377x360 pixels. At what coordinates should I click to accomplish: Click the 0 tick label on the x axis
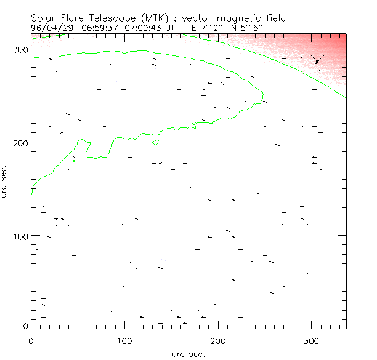coord(31,340)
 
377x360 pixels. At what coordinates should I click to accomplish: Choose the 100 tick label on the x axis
coord(124,340)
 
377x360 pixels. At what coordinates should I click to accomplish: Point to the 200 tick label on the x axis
coord(218,340)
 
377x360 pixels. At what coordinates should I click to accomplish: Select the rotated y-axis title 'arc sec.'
coord(6,180)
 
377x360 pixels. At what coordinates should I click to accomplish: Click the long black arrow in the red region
coord(318,58)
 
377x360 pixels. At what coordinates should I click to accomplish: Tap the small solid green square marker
coord(74,161)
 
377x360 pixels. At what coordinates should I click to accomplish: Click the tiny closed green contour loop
coord(155,143)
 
